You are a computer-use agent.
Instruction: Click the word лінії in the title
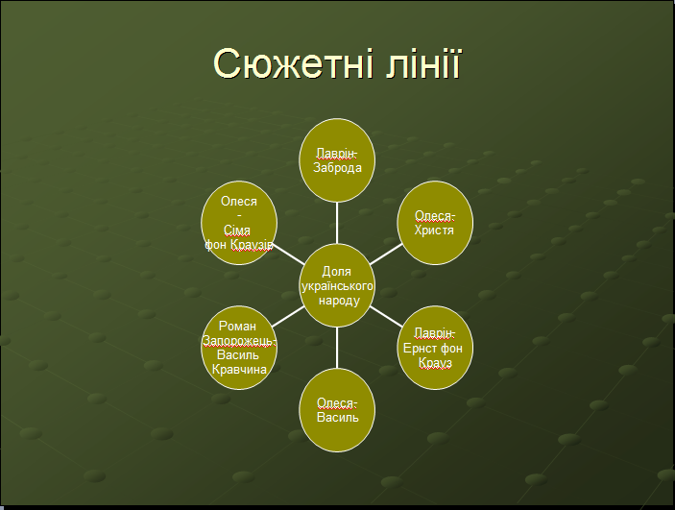423,62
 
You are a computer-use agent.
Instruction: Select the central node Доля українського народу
337,285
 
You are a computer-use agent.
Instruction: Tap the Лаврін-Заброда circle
337,160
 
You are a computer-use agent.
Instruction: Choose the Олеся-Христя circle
435,223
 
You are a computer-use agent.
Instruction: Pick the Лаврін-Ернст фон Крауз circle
435,348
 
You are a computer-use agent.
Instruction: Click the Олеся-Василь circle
337,410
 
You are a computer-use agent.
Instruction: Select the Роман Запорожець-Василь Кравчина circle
239,348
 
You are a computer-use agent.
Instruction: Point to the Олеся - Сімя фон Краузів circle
239,223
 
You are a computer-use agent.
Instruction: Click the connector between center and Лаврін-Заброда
337,223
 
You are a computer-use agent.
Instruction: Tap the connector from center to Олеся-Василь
337,348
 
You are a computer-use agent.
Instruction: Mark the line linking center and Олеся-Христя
386,255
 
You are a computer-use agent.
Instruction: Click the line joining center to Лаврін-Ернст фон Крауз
386,317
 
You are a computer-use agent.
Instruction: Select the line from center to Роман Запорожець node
288,317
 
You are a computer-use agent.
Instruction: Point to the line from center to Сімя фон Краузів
288,255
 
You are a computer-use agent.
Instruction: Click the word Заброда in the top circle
337,167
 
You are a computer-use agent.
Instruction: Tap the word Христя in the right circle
434,231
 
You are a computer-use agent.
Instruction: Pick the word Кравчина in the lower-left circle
239,370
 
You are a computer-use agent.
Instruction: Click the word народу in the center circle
339,301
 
